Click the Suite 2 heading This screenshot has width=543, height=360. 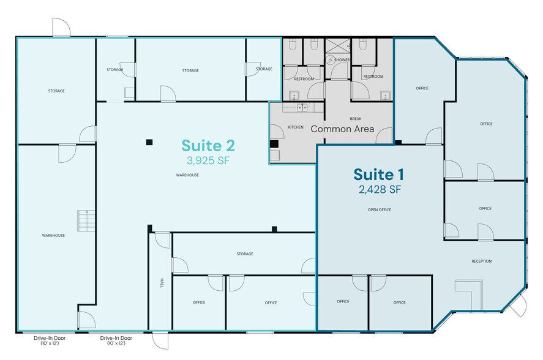coord(208,146)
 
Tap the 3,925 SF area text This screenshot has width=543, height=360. coord(208,160)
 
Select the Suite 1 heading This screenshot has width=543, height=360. coord(378,174)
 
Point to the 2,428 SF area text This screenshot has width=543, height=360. coord(380,190)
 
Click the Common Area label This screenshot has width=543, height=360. coord(342,129)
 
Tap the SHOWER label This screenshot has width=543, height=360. coord(342,60)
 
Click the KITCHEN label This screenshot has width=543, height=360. coord(296,127)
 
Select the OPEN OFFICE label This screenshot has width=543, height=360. coord(379,209)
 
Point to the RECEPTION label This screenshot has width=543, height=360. coord(481,261)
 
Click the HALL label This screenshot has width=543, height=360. coord(162,283)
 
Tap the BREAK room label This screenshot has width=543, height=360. coord(356,119)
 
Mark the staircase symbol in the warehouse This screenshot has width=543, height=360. coord(86,220)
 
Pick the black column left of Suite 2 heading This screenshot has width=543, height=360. coord(149,142)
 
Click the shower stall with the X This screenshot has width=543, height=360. coord(337,46)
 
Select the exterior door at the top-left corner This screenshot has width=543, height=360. coord(62,27)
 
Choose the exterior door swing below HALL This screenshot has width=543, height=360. coord(160,340)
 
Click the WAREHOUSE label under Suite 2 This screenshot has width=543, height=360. coord(187,175)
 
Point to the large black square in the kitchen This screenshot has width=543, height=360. coord(274,144)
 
